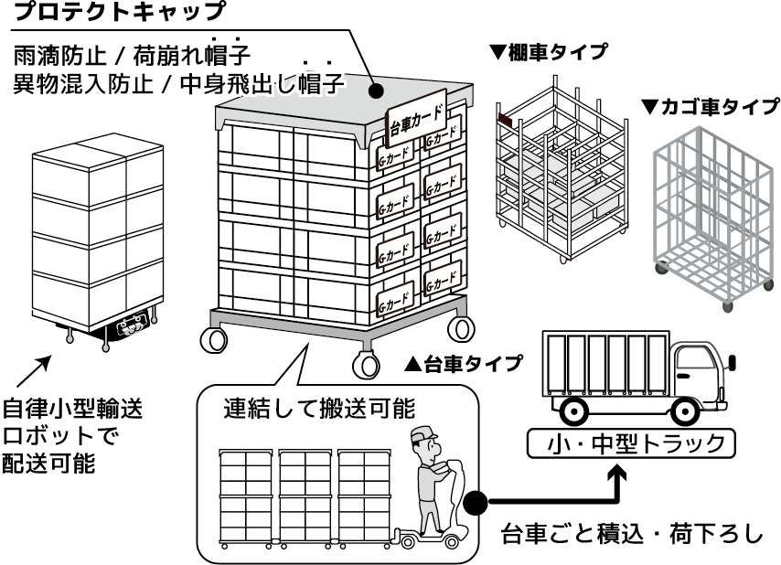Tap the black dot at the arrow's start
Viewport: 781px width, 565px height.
pos(475,503)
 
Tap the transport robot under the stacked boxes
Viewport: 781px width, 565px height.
pos(128,329)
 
